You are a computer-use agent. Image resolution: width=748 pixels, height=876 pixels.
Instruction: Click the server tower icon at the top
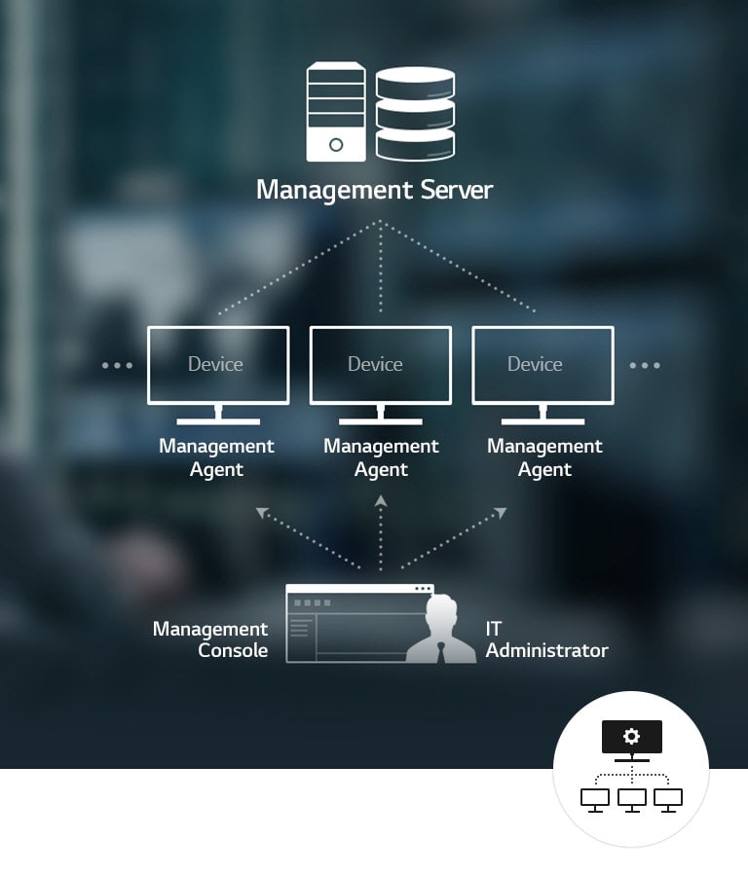[336, 112]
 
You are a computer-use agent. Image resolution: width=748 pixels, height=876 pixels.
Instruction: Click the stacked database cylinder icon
[415, 113]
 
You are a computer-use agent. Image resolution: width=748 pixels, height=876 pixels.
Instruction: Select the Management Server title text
[375, 189]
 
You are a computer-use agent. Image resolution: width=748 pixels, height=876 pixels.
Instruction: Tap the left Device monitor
[218, 365]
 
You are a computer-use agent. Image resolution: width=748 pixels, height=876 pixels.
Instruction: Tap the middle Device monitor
[381, 365]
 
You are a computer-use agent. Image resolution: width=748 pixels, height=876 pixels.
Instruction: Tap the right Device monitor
[542, 365]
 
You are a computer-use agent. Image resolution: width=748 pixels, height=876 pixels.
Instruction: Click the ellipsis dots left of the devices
[117, 366]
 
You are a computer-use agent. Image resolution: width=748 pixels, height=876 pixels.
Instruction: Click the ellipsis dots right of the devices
[645, 366]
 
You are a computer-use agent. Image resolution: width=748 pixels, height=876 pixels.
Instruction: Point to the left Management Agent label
[216, 457]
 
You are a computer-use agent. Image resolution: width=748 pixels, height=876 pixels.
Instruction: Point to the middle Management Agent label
[381, 457]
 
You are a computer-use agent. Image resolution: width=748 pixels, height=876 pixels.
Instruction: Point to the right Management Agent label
[544, 457]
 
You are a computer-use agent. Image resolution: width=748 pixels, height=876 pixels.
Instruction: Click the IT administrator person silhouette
[441, 631]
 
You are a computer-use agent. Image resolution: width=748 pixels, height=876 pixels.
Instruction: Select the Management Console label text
[210, 639]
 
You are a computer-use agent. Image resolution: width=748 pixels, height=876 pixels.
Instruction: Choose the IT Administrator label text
[546, 639]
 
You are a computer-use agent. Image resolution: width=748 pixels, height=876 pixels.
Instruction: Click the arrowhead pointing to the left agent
[262, 512]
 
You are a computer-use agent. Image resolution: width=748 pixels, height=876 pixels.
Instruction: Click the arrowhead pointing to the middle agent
[381, 500]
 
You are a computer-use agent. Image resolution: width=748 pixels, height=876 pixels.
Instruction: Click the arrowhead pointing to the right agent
[501, 512]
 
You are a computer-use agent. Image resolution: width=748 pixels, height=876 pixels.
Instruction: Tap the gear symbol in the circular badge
[631, 736]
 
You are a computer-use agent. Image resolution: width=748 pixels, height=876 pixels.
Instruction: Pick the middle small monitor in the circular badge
[631, 798]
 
